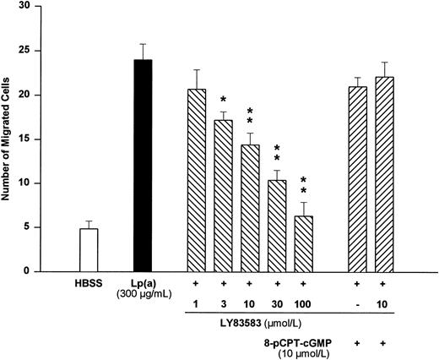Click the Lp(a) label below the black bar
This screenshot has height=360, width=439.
click(143, 284)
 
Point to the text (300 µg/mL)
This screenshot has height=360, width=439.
click(143, 295)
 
